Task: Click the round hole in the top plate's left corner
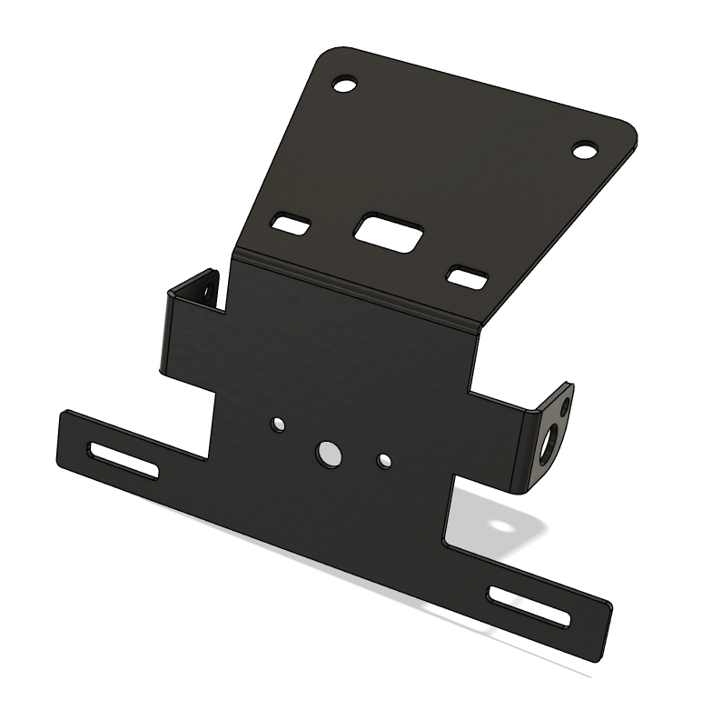(344, 85)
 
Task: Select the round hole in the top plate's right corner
(586, 148)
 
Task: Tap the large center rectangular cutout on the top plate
(388, 228)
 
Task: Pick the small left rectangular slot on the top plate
(292, 223)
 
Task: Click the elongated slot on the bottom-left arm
(124, 458)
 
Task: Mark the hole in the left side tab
(208, 292)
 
